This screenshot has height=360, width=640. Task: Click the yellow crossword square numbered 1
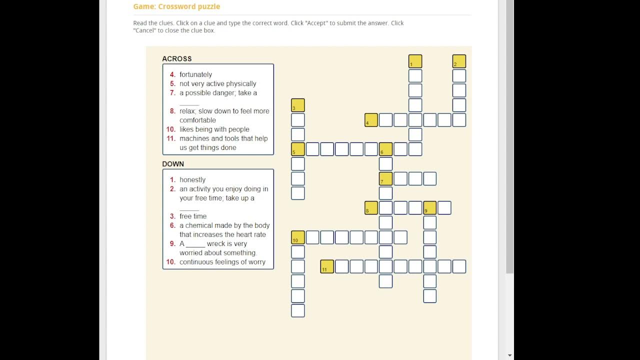pos(415,61)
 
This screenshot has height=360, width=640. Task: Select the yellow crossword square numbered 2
pos(459,61)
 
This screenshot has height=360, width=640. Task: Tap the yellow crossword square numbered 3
pos(297,105)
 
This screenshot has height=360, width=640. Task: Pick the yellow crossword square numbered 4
pos(371,120)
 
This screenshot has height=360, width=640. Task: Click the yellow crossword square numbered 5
pos(297,149)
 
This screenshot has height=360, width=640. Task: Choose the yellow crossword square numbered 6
pos(385,149)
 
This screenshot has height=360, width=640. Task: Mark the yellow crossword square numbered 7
pos(385,178)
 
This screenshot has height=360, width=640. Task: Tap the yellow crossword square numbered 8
pos(371,207)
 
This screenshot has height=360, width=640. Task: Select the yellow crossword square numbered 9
pos(429,207)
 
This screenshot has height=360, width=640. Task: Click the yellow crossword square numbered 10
pos(297,237)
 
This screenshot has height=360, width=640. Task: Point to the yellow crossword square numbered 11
pos(327,266)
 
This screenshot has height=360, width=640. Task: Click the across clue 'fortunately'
pos(195,74)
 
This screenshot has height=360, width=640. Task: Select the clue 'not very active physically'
pos(217,83)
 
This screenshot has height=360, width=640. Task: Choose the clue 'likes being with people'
pos(214,129)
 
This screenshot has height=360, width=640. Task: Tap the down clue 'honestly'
pos(192,179)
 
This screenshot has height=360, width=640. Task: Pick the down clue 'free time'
pos(193,216)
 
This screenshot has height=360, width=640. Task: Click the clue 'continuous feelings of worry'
pos(222,262)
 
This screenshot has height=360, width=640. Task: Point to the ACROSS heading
pos(177,59)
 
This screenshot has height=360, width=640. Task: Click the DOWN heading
pos(173,164)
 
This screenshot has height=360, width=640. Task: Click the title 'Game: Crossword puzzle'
pos(176,6)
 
